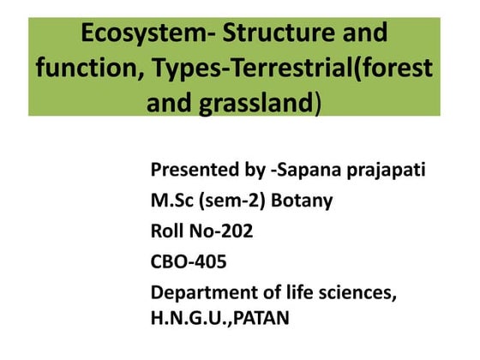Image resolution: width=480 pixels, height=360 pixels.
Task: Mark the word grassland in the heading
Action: [x=258, y=104]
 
